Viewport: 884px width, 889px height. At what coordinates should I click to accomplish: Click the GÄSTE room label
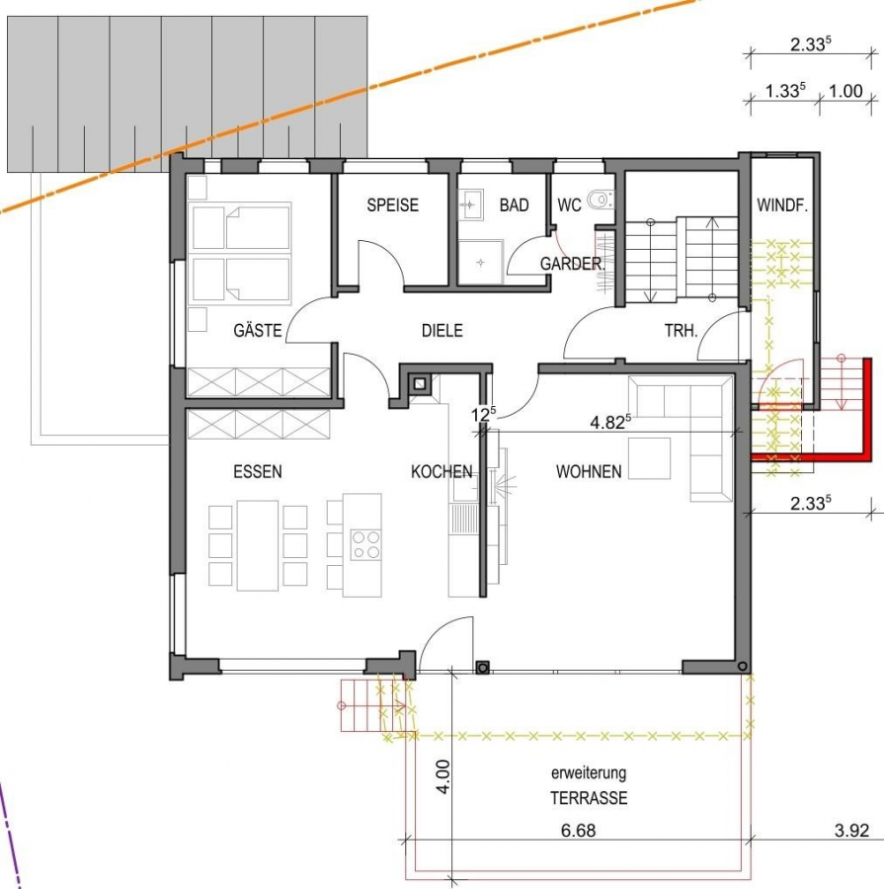(x=258, y=331)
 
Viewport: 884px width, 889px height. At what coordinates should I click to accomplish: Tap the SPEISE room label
(x=392, y=205)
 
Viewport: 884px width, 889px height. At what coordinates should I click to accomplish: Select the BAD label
(x=514, y=205)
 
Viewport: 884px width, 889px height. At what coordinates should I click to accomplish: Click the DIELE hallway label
(x=442, y=331)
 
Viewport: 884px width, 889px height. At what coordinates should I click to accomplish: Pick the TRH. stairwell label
(x=681, y=331)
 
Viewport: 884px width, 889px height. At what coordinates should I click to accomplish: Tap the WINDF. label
(x=783, y=205)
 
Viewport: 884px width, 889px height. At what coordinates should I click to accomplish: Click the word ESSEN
(x=258, y=472)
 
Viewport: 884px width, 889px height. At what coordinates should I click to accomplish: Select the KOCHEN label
(x=441, y=472)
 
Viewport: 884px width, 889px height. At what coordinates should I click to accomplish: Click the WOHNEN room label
(x=589, y=472)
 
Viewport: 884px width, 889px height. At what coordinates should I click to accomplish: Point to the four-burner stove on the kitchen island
(x=365, y=544)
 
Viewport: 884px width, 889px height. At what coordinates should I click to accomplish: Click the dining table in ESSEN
(x=257, y=545)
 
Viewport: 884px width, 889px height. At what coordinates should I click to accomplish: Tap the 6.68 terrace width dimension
(x=578, y=831)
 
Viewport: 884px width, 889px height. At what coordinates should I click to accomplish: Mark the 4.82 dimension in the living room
(x=609, y=423)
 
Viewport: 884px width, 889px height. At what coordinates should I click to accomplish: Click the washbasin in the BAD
(x=469, y=204)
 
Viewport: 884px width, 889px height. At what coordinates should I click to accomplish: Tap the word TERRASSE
(x=589, y=798)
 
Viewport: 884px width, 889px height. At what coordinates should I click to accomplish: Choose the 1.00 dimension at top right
(x=844, y=93)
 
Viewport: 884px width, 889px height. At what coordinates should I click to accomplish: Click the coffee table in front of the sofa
(x=649, y=459)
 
